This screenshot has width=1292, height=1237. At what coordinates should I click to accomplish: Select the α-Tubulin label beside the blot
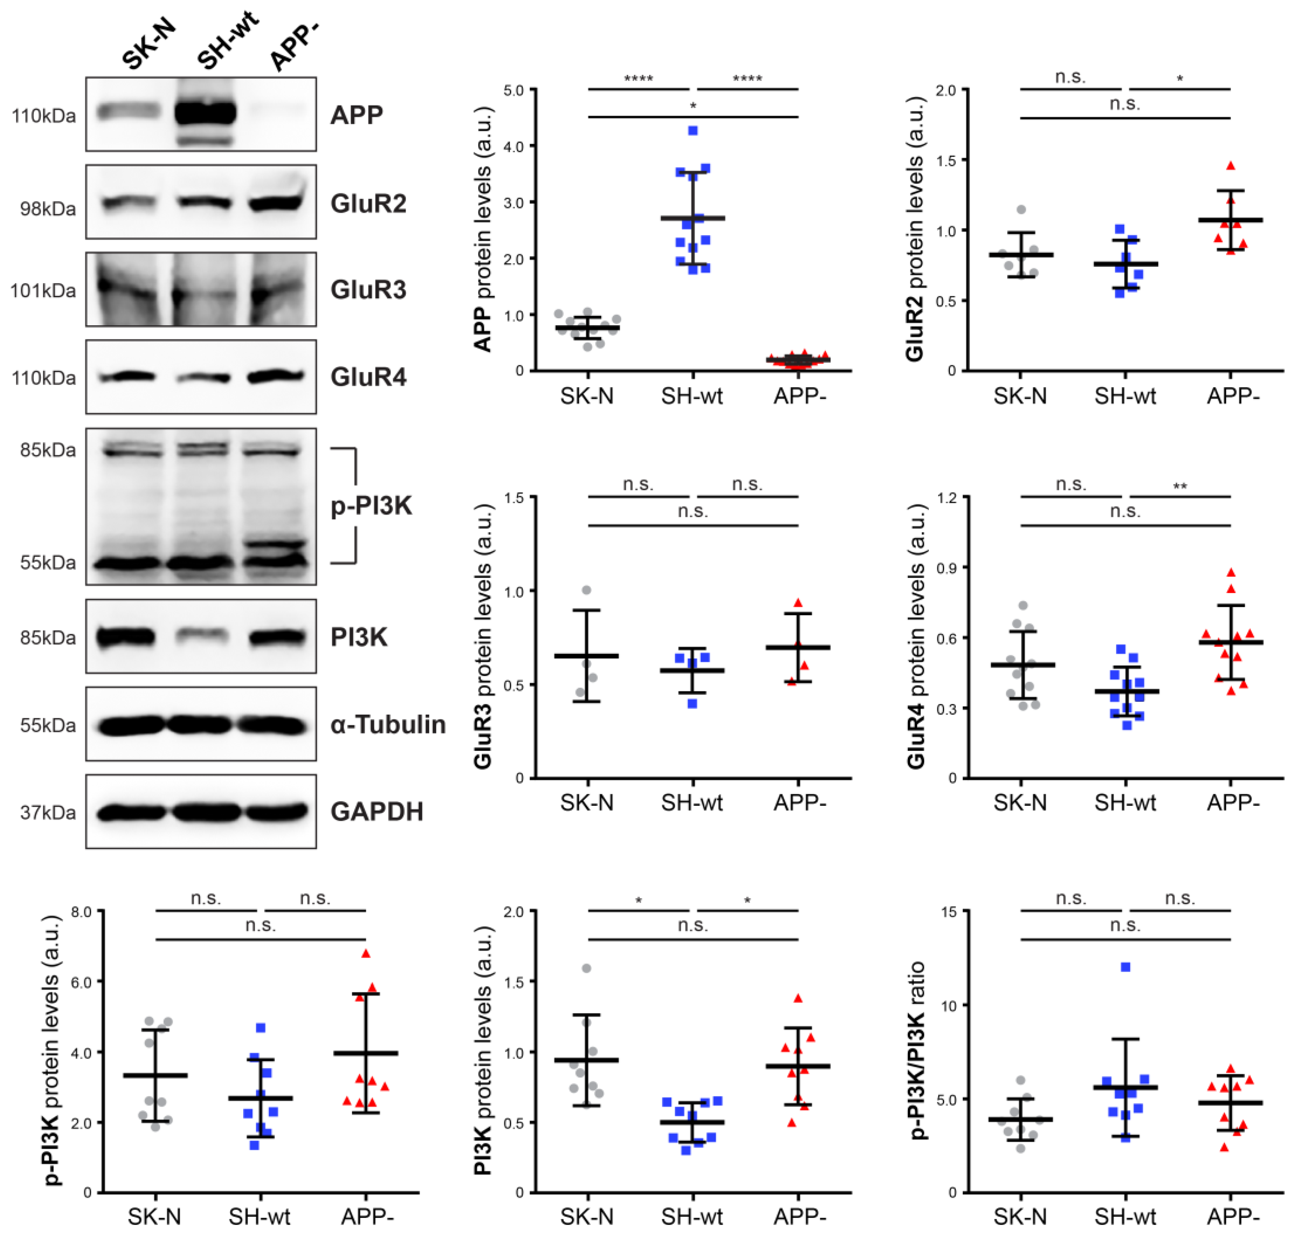(388, 724)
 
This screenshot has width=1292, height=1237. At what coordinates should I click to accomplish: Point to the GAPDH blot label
(376, 811)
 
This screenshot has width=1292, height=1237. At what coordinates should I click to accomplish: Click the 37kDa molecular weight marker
(48, 812)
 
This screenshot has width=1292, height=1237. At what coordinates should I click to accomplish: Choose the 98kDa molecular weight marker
(48, 208)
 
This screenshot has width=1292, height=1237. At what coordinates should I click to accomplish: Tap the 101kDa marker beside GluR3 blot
(43, 290)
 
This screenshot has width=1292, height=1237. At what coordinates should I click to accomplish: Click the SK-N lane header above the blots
(149, 44)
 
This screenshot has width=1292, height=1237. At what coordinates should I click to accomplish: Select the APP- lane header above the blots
(294, 46)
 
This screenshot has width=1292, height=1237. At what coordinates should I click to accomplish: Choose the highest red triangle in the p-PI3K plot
(366, 953)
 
